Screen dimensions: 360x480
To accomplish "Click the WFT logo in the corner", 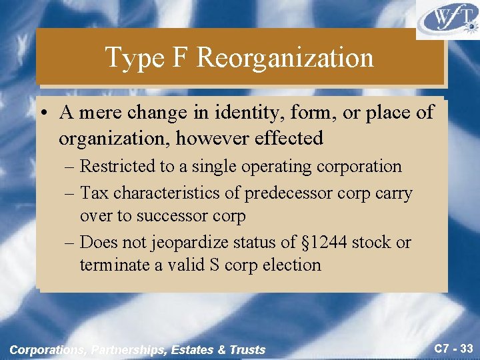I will (x=447, y=20).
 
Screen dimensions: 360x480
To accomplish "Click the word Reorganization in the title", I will (x=285, y=58).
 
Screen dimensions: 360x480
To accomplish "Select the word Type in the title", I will (x=134, y=59).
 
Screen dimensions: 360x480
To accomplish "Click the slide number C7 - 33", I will (x=453, y=348).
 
